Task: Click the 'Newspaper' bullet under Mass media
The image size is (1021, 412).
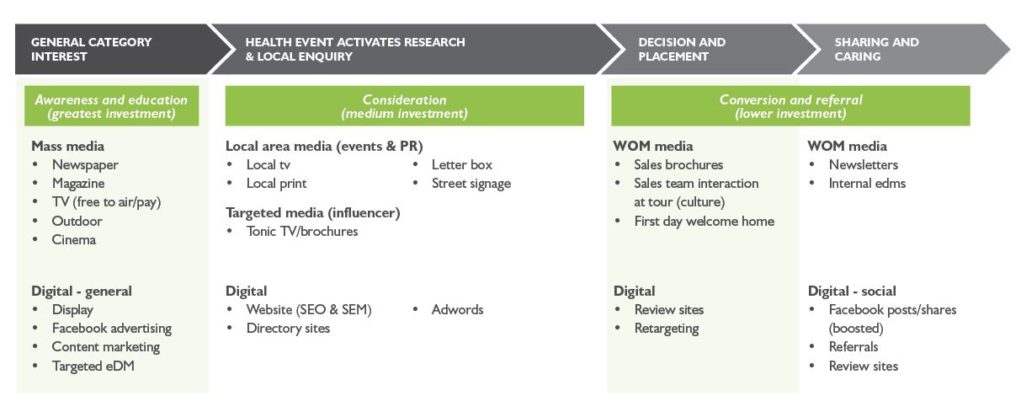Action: click(x=85, y=164)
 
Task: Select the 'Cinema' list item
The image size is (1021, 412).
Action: click(x=74, y=239)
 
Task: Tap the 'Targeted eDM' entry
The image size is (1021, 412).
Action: click(x=93, y=366)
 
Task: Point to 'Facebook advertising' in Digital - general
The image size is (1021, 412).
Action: click(x=112, y=328)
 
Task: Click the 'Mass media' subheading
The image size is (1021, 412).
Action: click(x=68, y=146)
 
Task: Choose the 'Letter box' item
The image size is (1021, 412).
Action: click(x=462, y=164)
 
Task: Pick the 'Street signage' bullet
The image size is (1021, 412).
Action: click(x=471, y=184)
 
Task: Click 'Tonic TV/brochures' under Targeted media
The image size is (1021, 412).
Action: click(x=301, y=232)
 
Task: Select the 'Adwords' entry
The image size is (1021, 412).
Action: click(x=457, y=309)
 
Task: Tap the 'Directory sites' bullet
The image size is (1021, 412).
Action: click(x=288, y=328)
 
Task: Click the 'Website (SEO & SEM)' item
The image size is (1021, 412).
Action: click(x=309, y=309)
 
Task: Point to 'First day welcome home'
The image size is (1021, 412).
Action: click(x=705, y=222)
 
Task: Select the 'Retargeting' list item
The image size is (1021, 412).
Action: click(x=667, y=329)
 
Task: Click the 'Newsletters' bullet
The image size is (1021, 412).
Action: click(x=864, y=164)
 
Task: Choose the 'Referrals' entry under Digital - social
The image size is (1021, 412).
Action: click(x=853, y=347)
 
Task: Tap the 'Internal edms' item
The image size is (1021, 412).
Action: click(x=867, y=184)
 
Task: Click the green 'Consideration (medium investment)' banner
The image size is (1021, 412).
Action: click(x=404, y=106)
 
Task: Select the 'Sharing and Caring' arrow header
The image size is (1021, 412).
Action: click(x=902, y=49)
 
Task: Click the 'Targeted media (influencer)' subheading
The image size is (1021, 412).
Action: click(x=312, y=212)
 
